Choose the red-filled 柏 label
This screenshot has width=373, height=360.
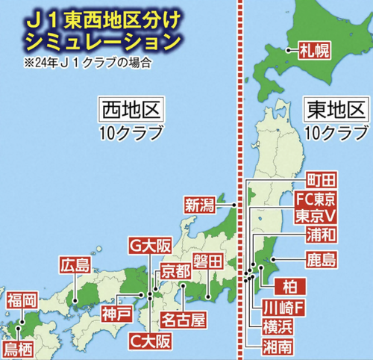point(286,285)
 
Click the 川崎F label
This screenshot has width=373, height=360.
point(284,308)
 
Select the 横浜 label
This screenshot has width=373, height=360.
point(278,326)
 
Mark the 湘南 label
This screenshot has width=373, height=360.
point(278,346)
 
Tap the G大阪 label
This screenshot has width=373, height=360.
point(147,244)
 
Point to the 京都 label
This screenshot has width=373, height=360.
point(176,270)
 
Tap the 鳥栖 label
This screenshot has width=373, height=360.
point(21,348)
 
